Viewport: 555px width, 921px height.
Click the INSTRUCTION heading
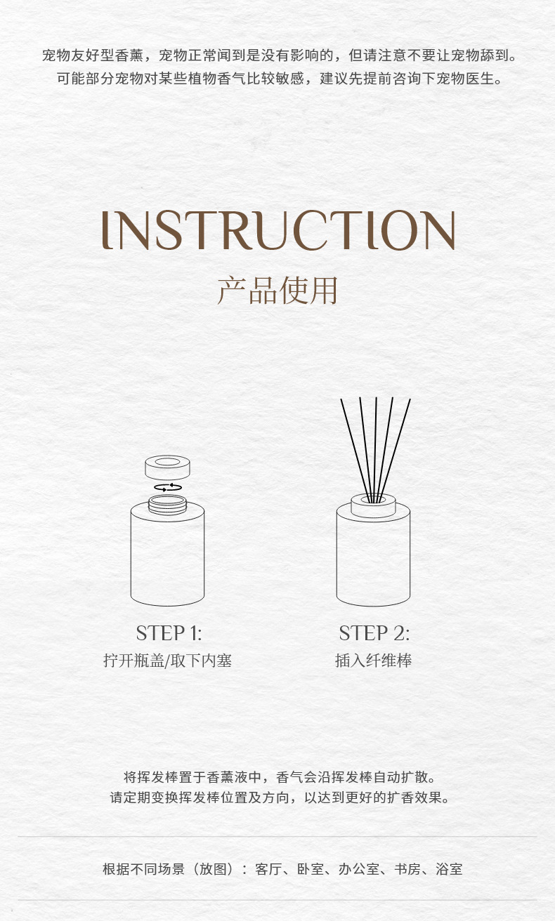click(278, 230)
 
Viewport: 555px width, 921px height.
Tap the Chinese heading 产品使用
click(277, 291)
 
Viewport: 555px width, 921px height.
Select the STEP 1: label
click(169, 633)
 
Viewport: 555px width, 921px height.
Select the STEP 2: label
click(374, 633)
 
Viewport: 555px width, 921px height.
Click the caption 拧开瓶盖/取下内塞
click(167, 661)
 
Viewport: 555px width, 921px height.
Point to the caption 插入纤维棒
click(373, 661)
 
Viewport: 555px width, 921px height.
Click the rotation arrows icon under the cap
click(168, 487)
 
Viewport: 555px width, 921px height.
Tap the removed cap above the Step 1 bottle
click(167, 468)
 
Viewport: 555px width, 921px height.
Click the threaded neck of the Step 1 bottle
click(167, 505)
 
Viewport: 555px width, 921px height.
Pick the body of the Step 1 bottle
click(167, 555)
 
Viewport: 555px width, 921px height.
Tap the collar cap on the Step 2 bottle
click(373, 506)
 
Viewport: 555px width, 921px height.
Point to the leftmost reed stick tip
click(341, 399)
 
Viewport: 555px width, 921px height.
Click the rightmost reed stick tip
click(410, 399)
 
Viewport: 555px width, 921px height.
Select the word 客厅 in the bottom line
click(268, 869)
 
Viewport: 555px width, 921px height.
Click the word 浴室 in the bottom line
click(449, 869)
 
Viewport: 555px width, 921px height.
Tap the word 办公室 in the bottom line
click(359, 869)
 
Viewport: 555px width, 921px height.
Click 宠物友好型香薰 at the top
click(93, 55)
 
